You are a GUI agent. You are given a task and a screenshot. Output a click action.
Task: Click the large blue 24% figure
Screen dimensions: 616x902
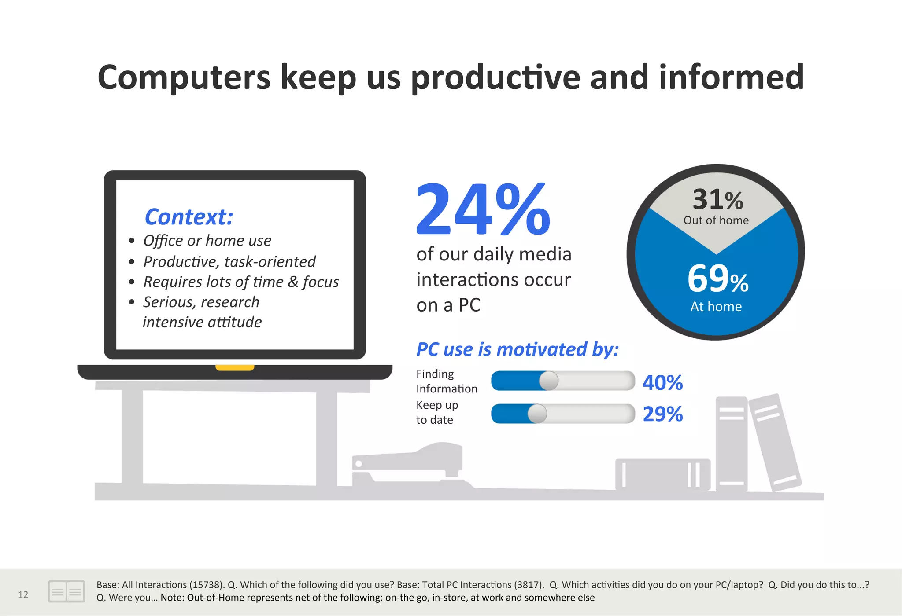tap(483, 209)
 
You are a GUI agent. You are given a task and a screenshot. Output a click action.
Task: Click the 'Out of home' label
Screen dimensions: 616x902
tap(716, 220)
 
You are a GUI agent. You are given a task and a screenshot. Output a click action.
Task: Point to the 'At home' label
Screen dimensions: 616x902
tap(716, 307)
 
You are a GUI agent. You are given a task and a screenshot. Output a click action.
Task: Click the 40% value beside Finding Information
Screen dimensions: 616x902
tap(662, 383)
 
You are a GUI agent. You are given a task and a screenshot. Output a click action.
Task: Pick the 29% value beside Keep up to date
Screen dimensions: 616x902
tap(662, 414)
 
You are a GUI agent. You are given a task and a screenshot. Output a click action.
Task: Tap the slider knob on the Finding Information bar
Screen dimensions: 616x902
tap(549, 381)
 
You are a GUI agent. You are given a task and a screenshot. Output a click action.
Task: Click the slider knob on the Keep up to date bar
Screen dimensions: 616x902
tap(537, 414)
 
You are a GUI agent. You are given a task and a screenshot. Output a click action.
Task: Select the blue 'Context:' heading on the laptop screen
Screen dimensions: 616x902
tap(189, 217)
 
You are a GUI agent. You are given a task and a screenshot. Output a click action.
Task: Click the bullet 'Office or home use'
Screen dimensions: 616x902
tap(207, 241)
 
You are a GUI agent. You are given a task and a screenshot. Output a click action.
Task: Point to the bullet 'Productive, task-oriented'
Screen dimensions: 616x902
tap(229, 262)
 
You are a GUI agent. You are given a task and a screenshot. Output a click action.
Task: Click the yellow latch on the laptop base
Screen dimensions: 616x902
tap(235, 367)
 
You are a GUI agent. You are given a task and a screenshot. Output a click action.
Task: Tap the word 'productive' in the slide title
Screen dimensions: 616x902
tap(495, 77)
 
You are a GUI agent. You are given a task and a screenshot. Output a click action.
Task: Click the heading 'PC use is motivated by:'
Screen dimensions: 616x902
tap(517, 350)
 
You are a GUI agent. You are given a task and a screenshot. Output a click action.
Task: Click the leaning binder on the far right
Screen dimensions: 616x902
tap(775, 442)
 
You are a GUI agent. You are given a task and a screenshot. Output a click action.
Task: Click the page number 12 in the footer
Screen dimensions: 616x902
tap(23, 595)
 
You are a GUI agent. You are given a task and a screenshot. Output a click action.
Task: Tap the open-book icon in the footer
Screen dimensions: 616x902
tap(66, 591)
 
